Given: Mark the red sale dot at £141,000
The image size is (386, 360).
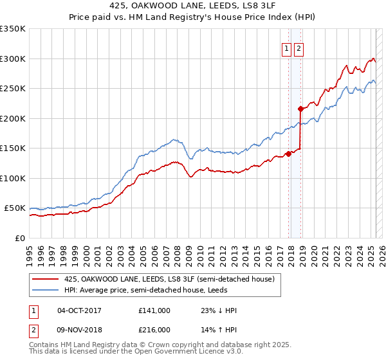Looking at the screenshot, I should (x=288, y=154).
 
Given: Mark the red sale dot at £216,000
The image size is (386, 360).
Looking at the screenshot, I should (x=300, y=109).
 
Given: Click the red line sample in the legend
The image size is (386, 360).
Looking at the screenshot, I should (x=44, y=279).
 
